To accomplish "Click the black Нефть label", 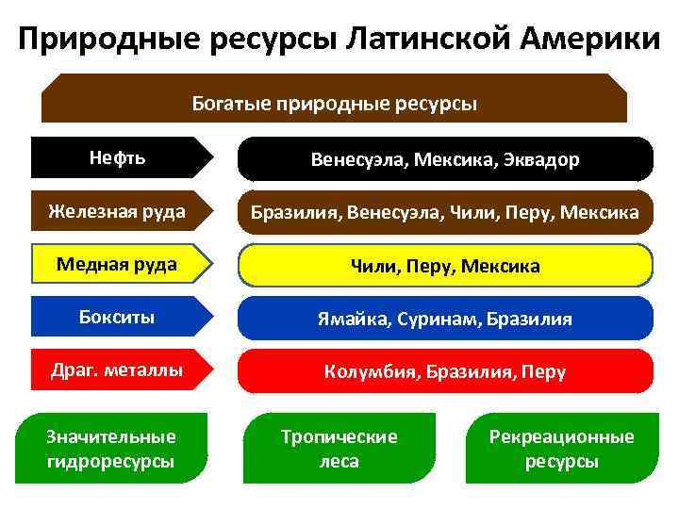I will (118, 157).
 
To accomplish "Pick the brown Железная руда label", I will (118, 211).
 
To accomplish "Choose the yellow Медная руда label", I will (118, 264).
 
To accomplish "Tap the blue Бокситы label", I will (118, 318).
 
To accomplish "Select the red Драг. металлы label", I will (118, 370).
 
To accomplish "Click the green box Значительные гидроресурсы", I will (111, 449).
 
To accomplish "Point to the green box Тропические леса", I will (339, 449).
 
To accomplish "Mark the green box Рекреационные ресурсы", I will (562, 449).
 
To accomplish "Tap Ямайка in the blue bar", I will (351, 320).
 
